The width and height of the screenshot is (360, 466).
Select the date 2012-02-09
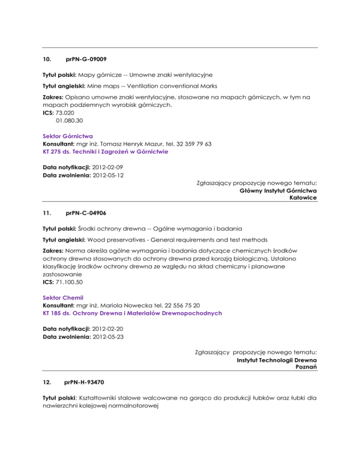coord(108,166)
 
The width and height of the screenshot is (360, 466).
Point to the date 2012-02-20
coord(108,329)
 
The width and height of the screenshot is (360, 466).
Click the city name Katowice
coord(303,198)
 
